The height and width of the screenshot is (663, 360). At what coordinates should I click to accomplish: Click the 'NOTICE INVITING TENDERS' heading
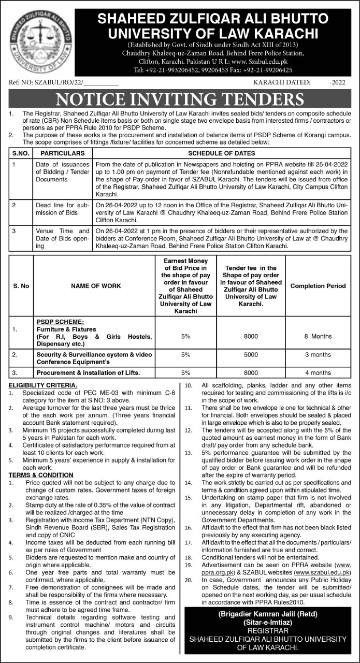click(180, 99)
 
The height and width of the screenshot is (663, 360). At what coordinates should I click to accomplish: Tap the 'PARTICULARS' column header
click(63, 154)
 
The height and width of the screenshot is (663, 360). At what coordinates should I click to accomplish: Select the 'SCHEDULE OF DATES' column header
click(221, 154)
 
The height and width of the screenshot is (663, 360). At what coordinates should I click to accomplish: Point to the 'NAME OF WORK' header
click(95, 286)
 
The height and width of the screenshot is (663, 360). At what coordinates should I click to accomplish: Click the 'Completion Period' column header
click(318, 286)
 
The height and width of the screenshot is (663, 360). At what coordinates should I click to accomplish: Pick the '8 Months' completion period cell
click(318, 336)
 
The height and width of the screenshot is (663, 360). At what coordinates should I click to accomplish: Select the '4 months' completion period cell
click(318, 372)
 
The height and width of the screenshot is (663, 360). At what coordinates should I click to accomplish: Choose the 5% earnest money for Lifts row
click(186, 372)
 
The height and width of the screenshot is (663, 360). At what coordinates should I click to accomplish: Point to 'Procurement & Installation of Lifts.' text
click(88, 372)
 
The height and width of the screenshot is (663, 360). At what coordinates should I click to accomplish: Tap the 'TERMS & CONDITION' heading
click(41, 474)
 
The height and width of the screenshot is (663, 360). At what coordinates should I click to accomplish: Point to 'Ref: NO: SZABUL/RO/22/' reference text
click(46, 82)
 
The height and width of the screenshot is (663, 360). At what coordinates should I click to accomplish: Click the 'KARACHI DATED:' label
click(282, 82)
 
